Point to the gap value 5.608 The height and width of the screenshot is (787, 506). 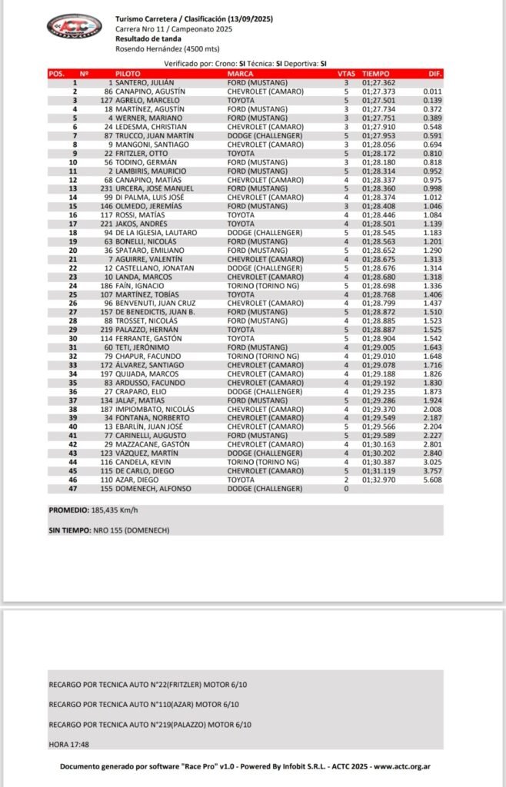coord(431,479)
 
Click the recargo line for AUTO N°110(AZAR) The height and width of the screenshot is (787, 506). coord(144,705)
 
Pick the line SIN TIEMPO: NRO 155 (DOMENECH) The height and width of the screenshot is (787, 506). coord(108,531)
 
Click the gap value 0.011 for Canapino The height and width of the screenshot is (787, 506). coord(431,91)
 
